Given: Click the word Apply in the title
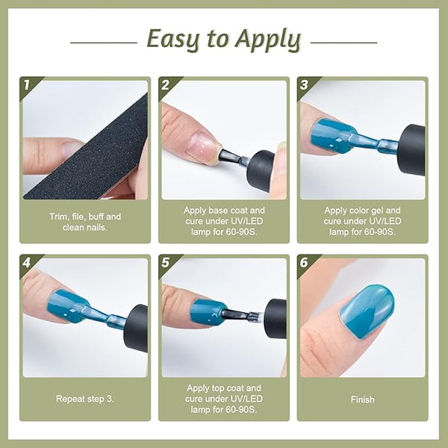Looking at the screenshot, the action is [268, 40].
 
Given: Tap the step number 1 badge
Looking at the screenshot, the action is [27, 84].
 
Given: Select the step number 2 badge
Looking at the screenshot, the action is [165, 84].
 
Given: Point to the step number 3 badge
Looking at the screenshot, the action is [304, 84].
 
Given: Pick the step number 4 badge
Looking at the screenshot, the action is [26, 263].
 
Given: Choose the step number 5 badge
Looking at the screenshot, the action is [165, 263].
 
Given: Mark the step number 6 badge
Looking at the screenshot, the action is [304, 263].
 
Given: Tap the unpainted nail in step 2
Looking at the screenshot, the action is [200, 145].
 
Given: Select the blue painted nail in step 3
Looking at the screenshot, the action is [332, 136].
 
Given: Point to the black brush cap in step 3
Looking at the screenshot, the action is [411, 149].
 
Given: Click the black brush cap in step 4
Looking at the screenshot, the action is [137, 328].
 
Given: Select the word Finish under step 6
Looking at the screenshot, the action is [362, 399].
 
